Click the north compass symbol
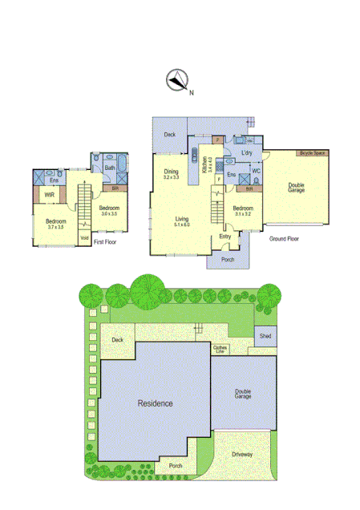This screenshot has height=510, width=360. (176, 80)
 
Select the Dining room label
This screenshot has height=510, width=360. (172, 172)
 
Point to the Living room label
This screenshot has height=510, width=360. (183, 220)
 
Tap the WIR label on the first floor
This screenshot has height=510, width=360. (49, 194)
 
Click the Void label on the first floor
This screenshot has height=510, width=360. (84, 236)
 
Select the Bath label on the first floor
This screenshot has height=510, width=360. (109, 168)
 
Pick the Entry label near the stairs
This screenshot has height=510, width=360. (225, 237)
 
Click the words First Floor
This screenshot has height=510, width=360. (106, 241)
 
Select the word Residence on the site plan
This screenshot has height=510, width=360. (155, 403)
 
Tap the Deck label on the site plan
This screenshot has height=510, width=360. (118, 340)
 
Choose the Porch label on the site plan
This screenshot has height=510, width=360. (175, 465)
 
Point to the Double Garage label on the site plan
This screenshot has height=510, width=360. (243, 395)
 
